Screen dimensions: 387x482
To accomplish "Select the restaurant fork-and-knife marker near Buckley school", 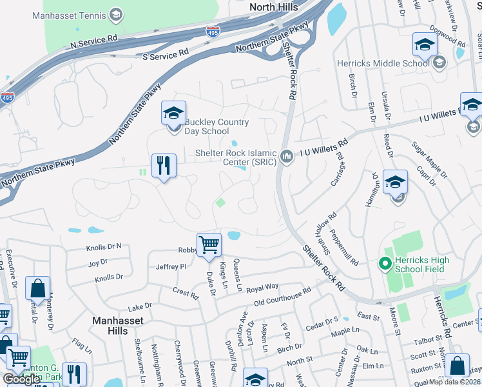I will pos(164,166).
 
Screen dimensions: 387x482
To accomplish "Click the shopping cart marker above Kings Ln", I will pos(209,245).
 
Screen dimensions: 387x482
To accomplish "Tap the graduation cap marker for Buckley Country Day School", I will pos(173,114).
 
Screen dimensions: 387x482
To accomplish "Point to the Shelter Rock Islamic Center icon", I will pos(287,154).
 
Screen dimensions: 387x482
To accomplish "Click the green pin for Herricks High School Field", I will pos(385,263).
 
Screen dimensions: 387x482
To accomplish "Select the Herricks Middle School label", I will pos(383,63).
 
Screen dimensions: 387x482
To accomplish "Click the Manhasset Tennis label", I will pos(69,14).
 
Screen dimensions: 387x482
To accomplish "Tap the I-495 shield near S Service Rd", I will pos(212,31).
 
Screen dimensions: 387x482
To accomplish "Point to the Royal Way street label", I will pos(263,286).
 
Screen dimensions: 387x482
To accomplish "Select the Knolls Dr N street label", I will pos(104,247).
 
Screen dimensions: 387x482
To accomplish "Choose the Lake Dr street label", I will pos(139,306).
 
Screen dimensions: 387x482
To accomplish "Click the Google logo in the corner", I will pos(21,379).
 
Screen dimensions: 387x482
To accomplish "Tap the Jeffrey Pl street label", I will pos(171,266).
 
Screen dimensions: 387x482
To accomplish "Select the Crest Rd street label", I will pos(186,293).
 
